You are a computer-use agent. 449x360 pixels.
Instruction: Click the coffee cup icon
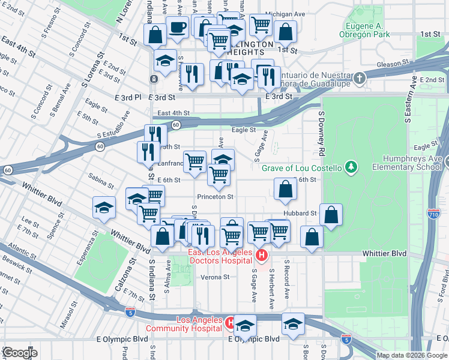pos(177,28)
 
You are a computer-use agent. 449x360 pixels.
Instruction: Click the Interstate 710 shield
pos(433,214)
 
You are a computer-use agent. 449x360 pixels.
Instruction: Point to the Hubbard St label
pos(301,213)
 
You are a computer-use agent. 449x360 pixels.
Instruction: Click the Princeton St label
pos(214,197)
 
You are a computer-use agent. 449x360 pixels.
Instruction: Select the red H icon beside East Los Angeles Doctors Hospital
pos(261,256)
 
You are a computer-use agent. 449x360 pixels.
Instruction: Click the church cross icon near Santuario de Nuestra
pos(359,78)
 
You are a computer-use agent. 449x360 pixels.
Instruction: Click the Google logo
pos(20,353)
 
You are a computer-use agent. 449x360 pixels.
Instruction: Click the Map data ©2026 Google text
pos(412,355)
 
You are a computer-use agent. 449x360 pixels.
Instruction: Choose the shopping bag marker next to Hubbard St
pos(331,215)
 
